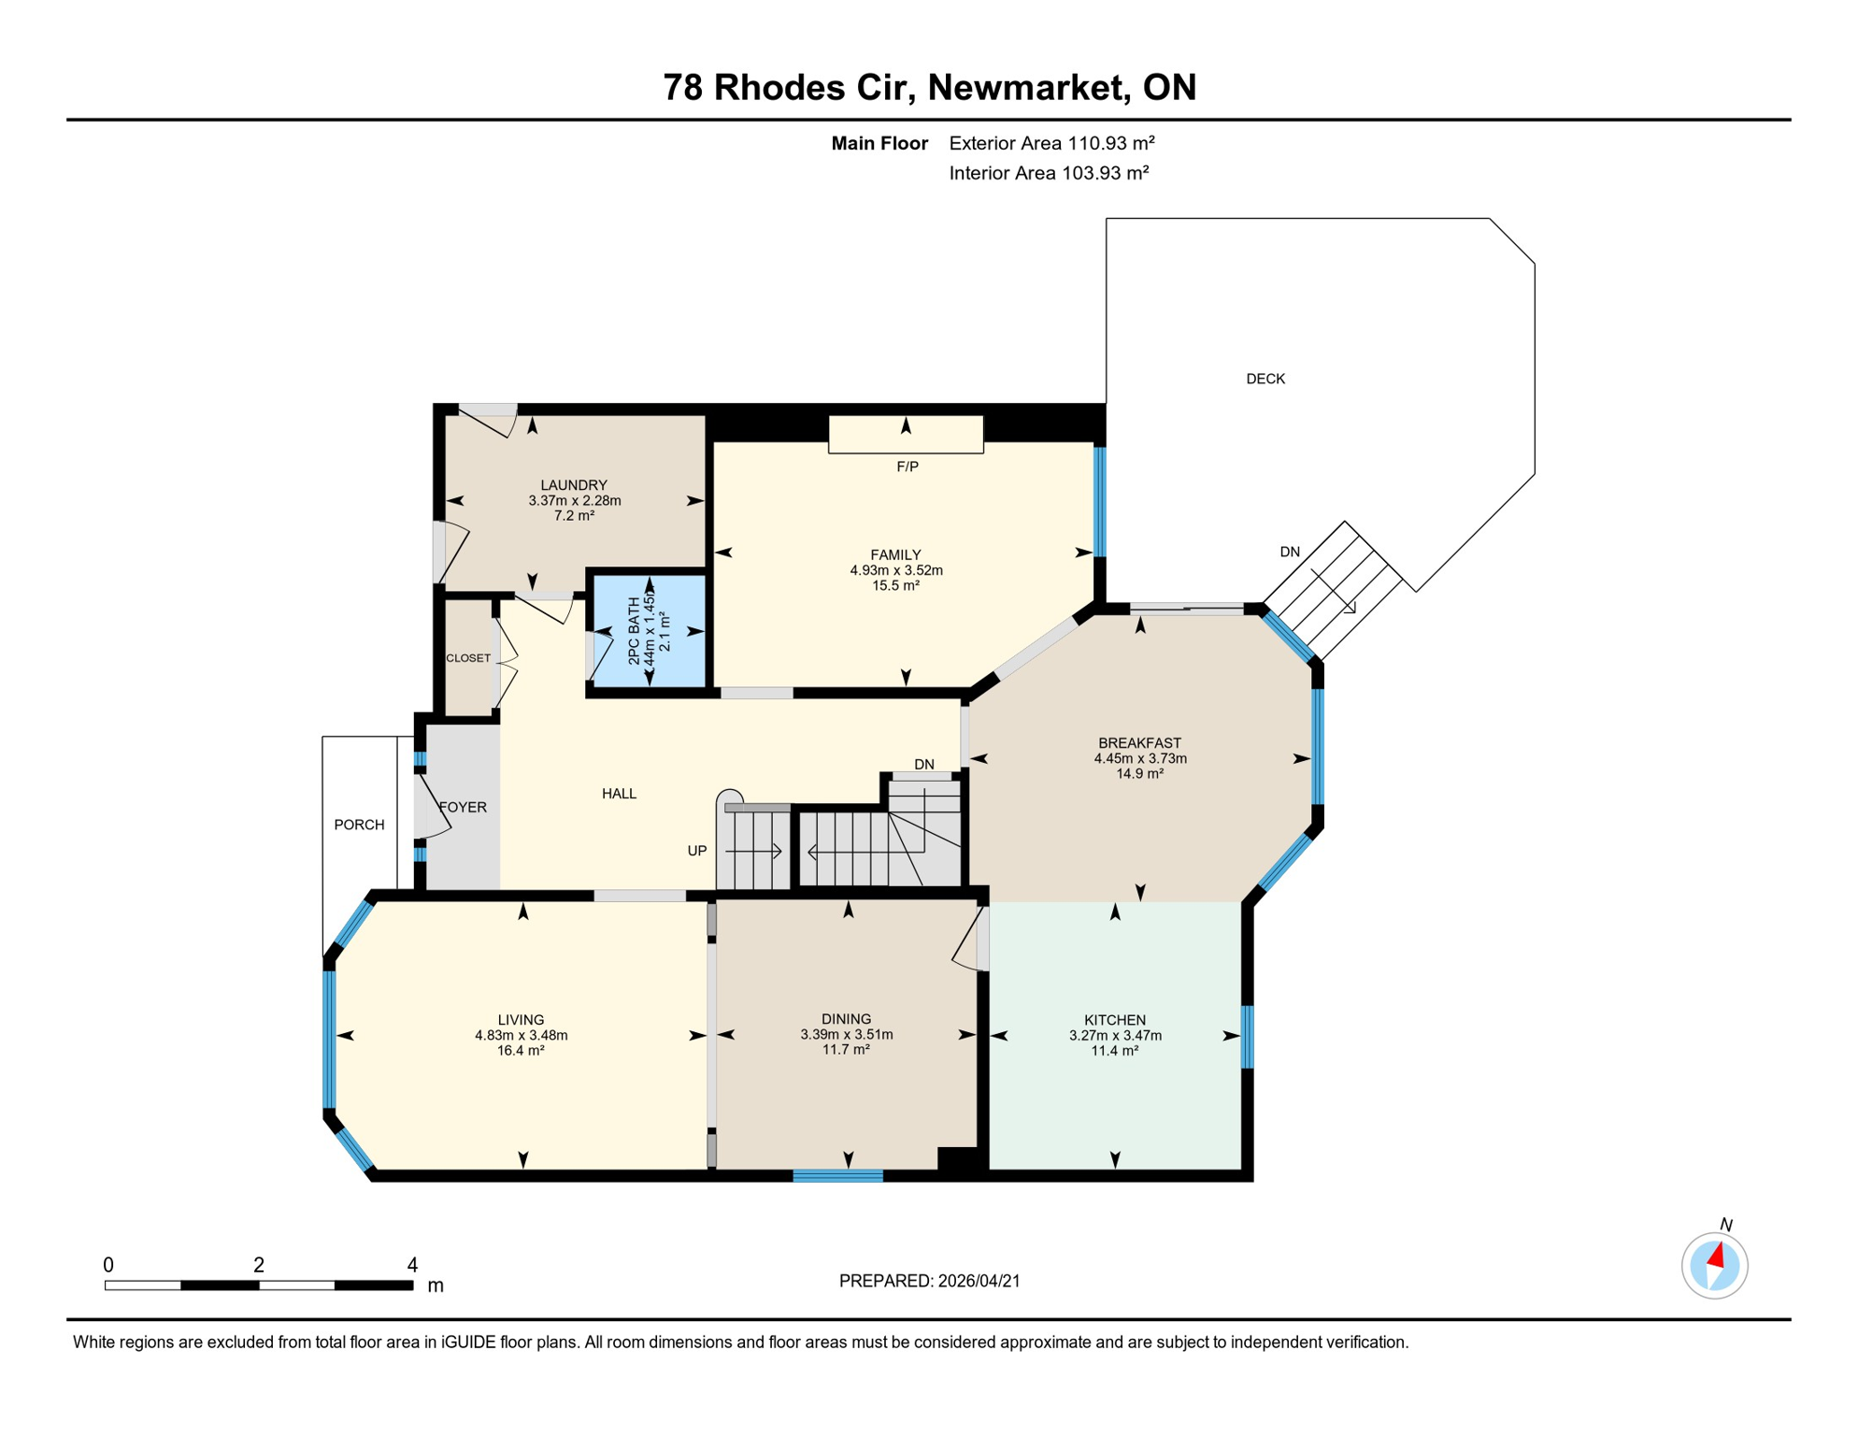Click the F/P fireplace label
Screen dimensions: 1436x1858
pos(907,467)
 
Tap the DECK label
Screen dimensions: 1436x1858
pos(1265,379)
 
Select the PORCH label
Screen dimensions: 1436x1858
pos(359,825)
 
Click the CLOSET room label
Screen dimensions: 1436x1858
pos(468,658)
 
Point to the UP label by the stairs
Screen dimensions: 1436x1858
pos(697,851)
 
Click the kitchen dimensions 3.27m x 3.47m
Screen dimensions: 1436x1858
pos(1115,1036)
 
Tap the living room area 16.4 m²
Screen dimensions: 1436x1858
pos(521,1051)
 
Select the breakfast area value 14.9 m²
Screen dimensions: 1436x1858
pos(1139,774)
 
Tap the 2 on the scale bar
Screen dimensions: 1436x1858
pos(259,1266)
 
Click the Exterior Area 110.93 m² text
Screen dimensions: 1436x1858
pos(1051,143)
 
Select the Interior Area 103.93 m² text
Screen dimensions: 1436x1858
pos(1049,173)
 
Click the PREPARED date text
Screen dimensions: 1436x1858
pos(929,1281)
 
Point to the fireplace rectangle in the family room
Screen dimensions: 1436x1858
pos(906,436)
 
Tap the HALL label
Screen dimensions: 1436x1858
pos(619,794)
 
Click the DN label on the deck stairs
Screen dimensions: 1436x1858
pos(1290,552)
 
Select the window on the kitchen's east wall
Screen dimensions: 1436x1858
pos(1247,1036)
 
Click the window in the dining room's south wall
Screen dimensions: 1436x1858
pos(837,1175)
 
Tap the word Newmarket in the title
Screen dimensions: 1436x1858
pos(1025,87)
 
